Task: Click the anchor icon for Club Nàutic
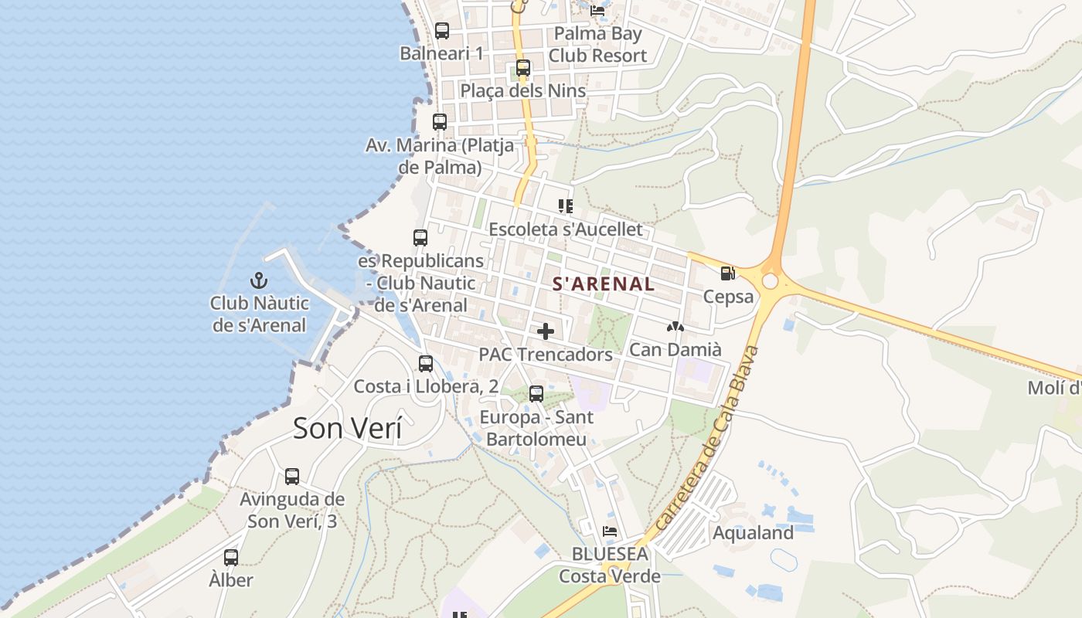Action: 259,281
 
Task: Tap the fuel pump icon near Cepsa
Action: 726,273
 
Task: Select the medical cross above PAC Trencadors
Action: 546,331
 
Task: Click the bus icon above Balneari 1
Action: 441,31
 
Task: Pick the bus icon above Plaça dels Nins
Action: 523,68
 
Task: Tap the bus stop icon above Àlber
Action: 230,557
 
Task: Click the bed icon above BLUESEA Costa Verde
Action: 610,531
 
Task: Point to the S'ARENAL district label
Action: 604,284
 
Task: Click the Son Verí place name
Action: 347,428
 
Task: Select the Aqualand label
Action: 753,532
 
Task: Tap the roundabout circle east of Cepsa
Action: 770,281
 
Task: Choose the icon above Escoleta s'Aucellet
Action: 566,206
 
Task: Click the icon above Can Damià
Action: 675,328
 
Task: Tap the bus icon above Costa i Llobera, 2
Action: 426,363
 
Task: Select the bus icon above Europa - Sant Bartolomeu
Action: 536,394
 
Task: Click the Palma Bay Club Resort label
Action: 598,45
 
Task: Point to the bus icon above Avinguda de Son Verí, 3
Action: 292,476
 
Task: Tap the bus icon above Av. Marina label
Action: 440,122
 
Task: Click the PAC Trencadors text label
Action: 546,355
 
